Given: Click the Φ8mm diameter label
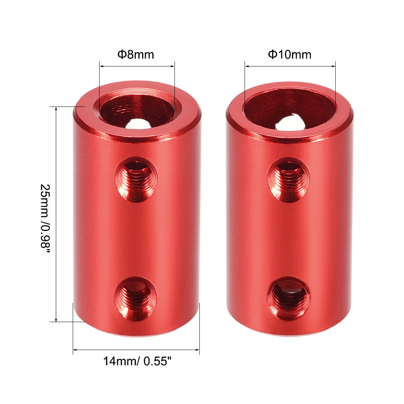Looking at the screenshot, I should pos(136,55).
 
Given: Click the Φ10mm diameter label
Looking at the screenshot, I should pos(289,55).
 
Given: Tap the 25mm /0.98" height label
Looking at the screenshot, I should pos(45,216).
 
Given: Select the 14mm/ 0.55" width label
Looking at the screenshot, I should pos(137,361).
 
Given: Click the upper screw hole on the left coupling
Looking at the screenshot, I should pos(136,179).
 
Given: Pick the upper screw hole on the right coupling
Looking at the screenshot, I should pos(289,180).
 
